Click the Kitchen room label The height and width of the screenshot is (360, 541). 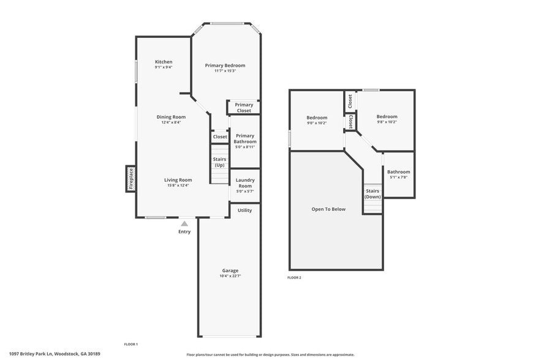(x=164, y=62)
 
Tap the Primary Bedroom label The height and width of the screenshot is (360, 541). (x=225, y=66)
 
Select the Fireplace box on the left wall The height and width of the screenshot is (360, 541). (x=131, y=179)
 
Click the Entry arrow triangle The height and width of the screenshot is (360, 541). (x=184, y=224)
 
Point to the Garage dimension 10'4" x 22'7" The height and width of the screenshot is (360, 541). (x=230, y=276)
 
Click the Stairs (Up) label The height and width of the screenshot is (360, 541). (x=219, y=162)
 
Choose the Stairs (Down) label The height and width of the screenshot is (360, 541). (x=373, y=193)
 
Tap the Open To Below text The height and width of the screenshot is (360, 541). (x=328, y=209)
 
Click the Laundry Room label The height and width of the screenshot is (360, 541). (x=245, y=183)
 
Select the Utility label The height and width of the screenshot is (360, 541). (x=244, y=210)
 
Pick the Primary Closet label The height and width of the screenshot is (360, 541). (x=244, y=108)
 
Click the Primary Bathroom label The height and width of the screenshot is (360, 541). (x=244, y=139)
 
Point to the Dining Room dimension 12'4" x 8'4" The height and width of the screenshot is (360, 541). (x=171, y=122)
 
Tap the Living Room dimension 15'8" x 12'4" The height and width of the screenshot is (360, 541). (x=178, y=186)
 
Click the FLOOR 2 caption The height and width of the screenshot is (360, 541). (x=294, y=278)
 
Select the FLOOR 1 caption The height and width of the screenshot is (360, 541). (x=131, y=345)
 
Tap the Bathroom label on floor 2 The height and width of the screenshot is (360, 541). (x=398, y=172)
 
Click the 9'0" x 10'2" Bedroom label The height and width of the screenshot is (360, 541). (x=317, y=123)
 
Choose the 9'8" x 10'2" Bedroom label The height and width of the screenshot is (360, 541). (x=387, y=122)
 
